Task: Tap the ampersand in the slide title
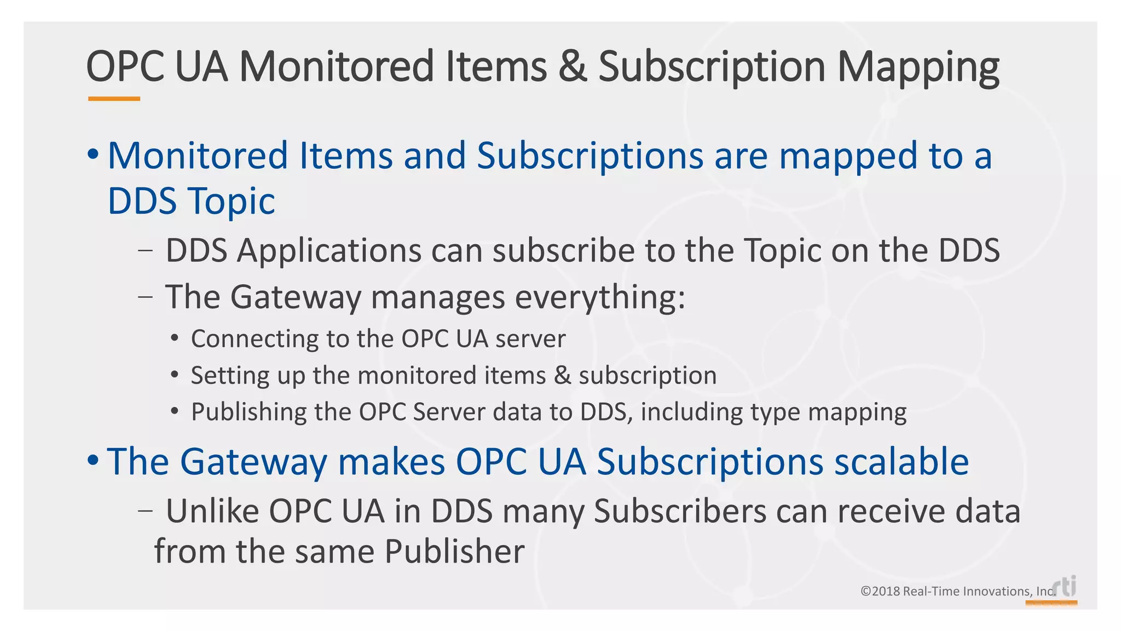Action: (x=573, y=67)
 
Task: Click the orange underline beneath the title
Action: (x=114, y=99)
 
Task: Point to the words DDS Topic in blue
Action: (x=191, y=201)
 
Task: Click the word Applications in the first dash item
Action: (x=329, y=251)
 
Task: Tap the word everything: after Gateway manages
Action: (x=600, y=297)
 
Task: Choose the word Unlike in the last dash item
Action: (x=212, y=511)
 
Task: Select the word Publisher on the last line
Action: (x=454, y=551)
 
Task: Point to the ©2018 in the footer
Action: (x=880, y=592)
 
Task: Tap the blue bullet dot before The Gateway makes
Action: (x=93, y=460)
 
